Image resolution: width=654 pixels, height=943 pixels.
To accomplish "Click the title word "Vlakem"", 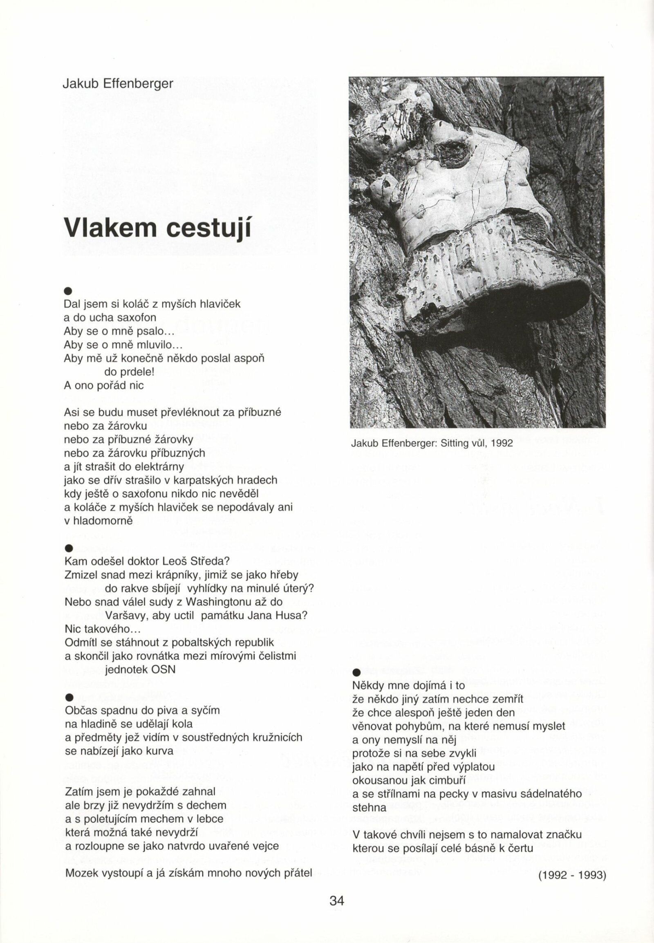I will tap(109, 226).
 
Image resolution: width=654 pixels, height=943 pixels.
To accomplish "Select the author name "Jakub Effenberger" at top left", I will tap(118, 84).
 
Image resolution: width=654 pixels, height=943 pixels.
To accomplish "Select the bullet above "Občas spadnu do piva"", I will tap(69, 698).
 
